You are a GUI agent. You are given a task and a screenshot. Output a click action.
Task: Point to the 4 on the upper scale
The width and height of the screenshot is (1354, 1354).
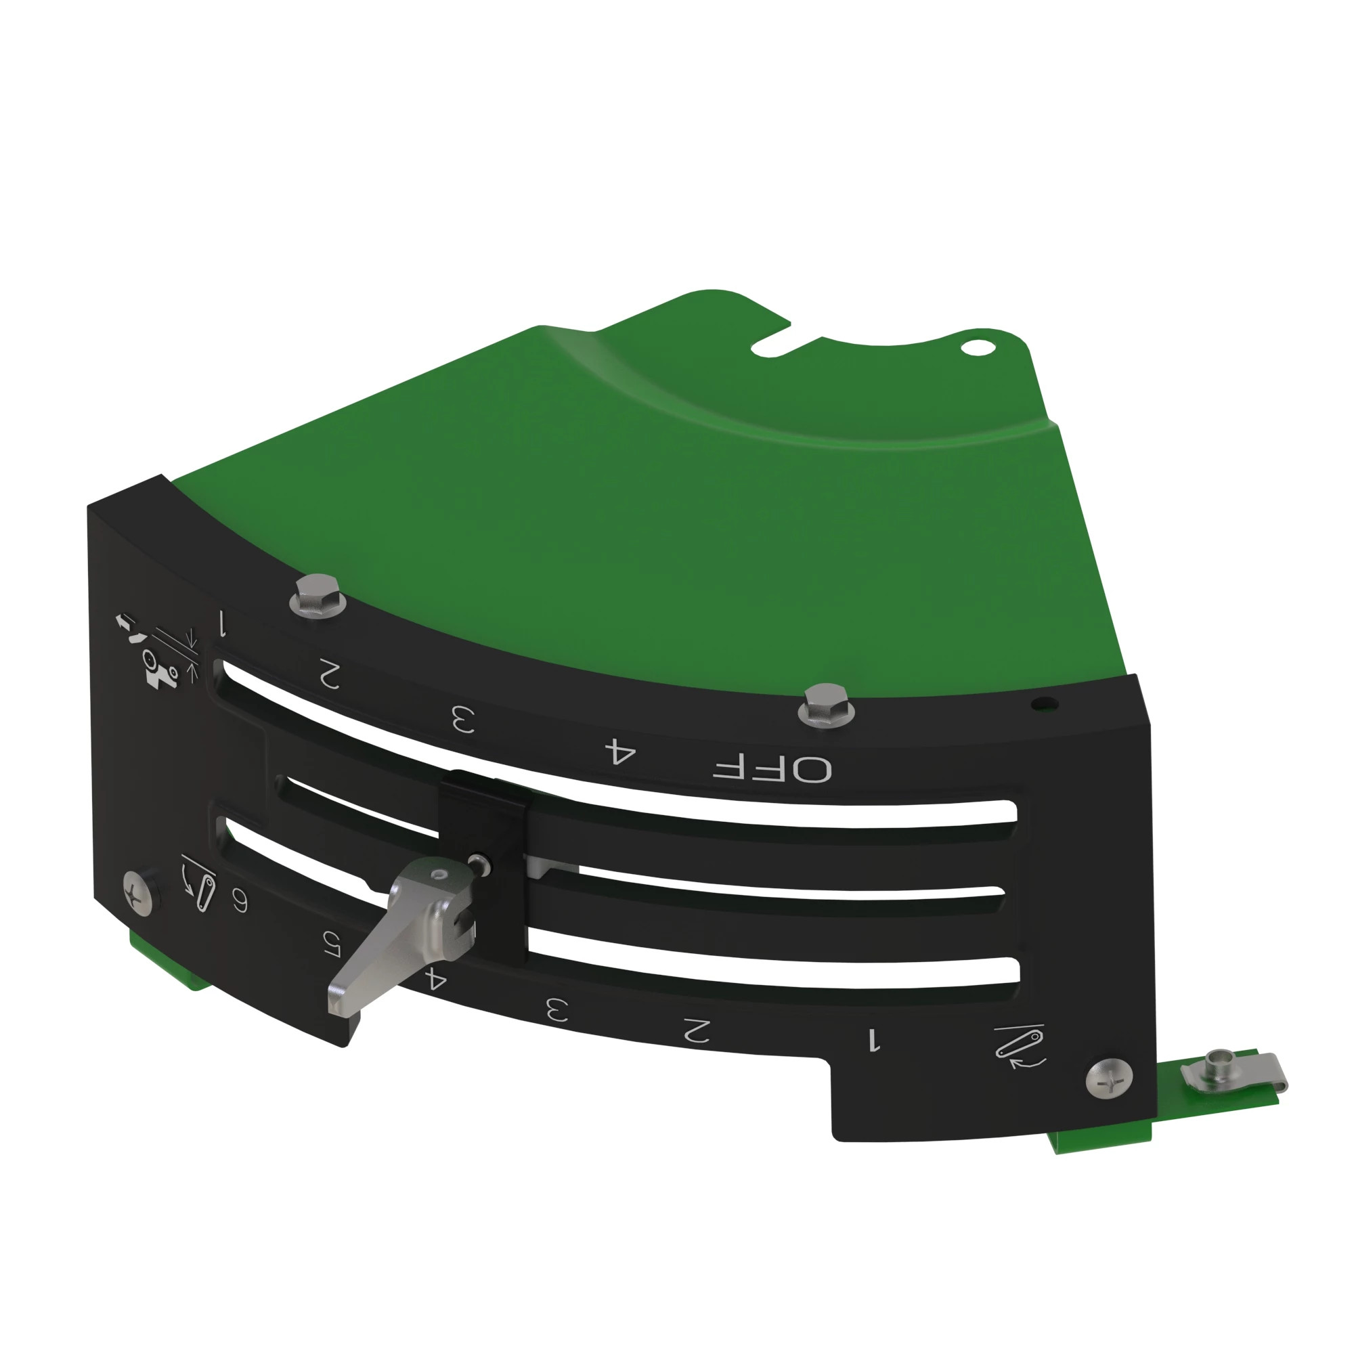[620, 751]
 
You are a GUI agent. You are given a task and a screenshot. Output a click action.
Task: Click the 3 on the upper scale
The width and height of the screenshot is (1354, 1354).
[462, 719]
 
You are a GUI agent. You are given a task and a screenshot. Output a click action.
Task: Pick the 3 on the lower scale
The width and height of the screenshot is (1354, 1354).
[557, 1010]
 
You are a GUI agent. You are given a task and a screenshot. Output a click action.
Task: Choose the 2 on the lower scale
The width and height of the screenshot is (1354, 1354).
[697, 1030]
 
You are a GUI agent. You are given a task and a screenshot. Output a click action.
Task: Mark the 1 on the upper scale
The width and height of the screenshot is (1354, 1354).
[223, 623]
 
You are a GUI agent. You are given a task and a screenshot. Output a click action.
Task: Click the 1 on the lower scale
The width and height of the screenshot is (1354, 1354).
[873, 1040]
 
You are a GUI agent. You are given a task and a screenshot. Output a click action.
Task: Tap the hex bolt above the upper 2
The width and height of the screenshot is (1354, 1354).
[318, 595]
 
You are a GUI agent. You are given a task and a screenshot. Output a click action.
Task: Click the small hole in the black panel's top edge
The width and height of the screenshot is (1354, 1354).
[1043, 703]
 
